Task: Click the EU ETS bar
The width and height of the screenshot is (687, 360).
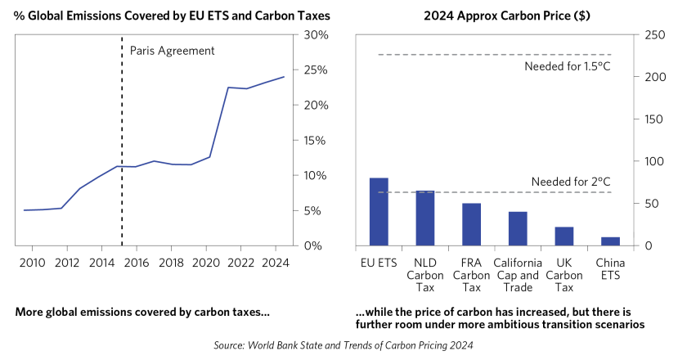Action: point(379,211)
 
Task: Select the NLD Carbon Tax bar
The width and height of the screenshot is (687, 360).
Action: point(425,218)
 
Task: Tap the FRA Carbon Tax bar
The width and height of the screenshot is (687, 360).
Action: point(472,224)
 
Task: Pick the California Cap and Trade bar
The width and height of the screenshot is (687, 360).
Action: point(518,228)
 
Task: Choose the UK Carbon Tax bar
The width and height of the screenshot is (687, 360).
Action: point(564,236)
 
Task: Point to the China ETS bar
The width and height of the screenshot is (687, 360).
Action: point(611,241)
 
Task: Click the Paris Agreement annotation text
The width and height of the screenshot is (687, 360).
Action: point(172,51)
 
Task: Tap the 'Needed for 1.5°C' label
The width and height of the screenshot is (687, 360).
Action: point(568,65)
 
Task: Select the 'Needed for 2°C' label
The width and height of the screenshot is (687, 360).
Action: point(571,182)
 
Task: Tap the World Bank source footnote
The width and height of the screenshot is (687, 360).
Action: point(343,347)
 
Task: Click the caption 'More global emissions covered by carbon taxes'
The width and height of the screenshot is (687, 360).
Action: point(142,313)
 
